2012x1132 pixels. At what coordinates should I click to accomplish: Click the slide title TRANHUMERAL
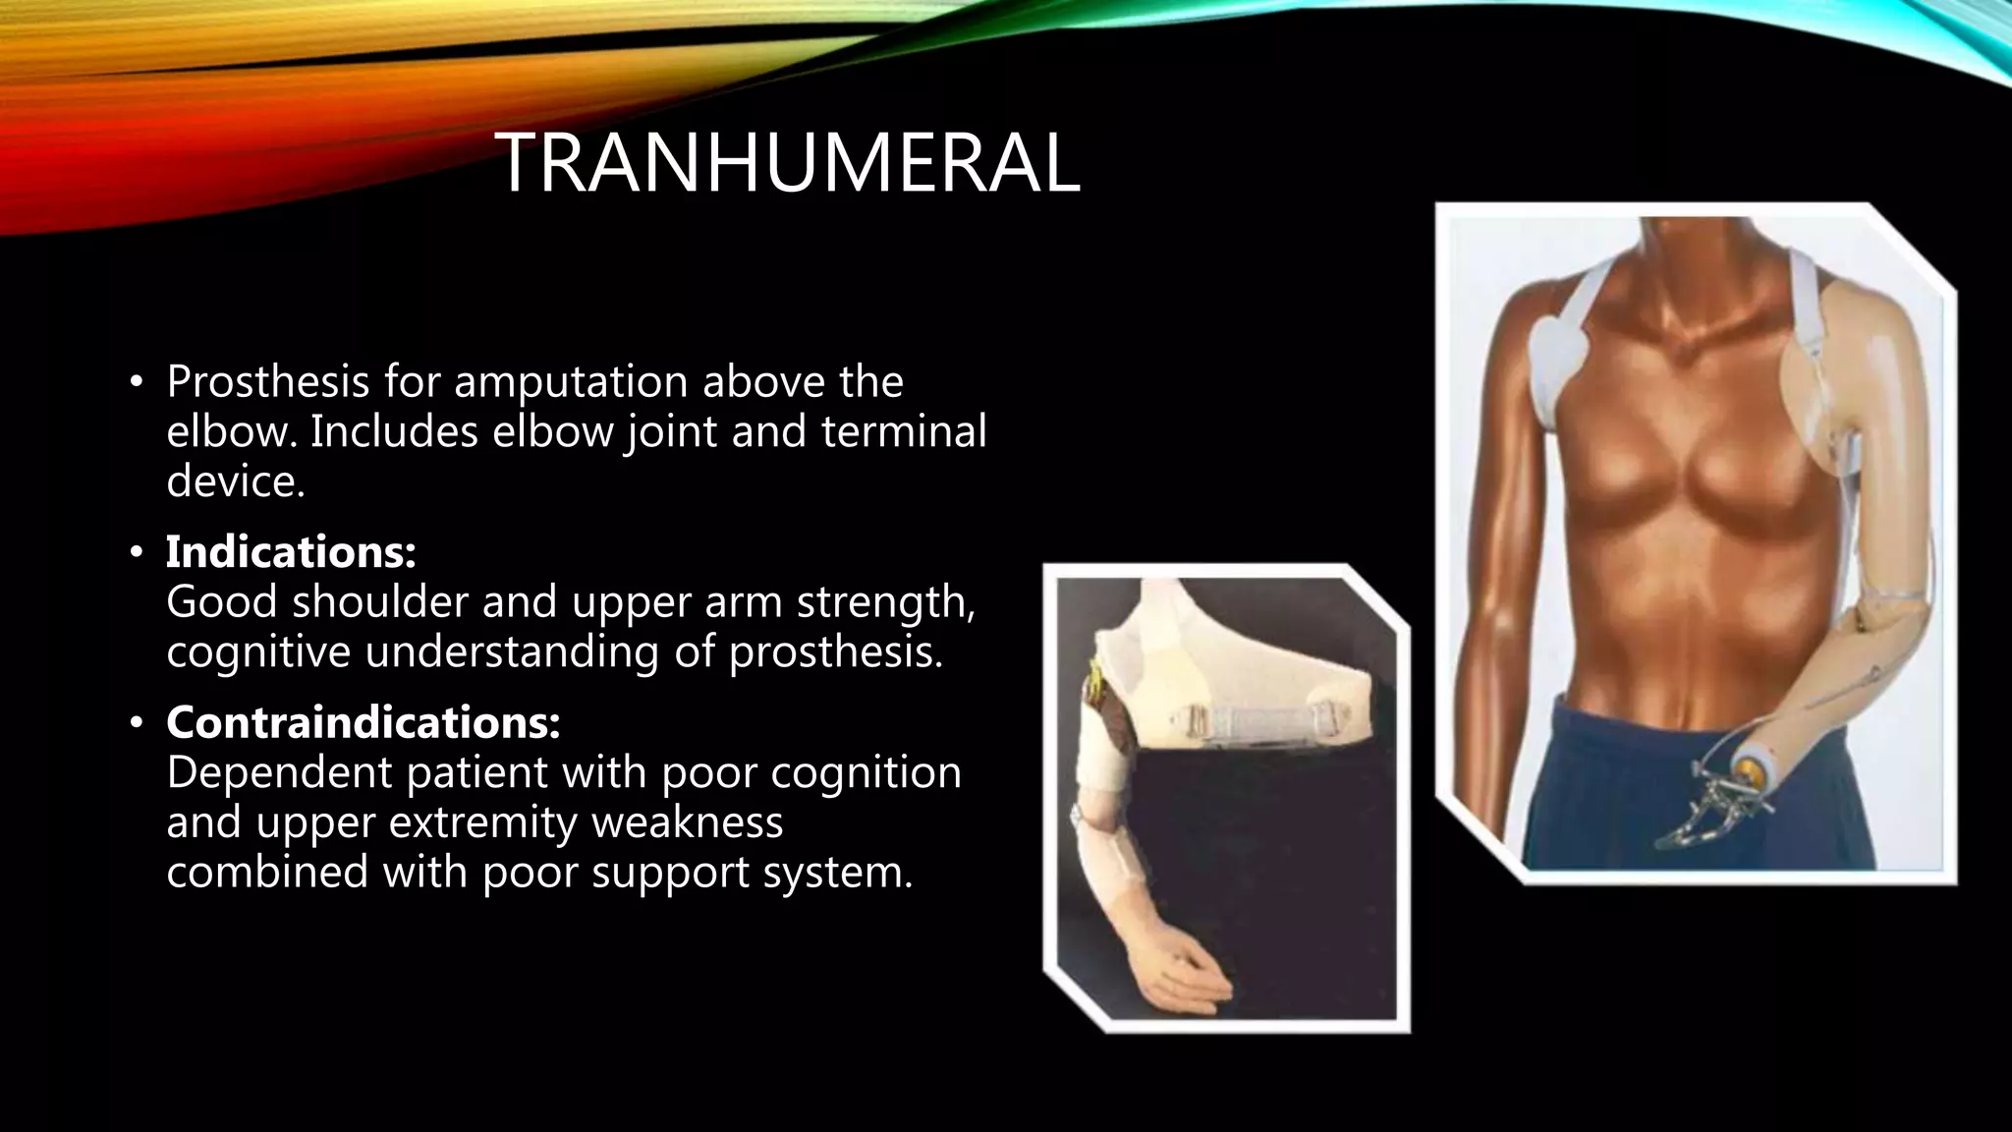click(787, 164)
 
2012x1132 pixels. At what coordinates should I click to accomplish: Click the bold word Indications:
click(291, 552)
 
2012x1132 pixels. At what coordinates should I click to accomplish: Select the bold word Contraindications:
click(363, 723)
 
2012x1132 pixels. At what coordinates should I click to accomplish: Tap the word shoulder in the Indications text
click(379, 602)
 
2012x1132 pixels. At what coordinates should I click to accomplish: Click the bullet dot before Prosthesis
click(137, 382)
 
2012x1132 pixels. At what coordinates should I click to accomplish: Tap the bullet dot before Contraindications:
click(137, 724)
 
